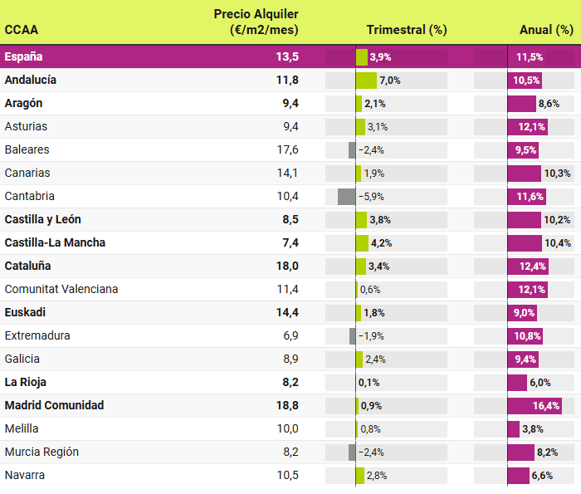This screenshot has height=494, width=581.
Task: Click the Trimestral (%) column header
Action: [407, 30]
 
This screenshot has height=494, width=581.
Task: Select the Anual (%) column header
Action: [546, 30]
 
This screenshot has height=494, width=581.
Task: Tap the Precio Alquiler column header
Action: [256, 22]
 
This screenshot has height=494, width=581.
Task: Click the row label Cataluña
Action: [27, 267]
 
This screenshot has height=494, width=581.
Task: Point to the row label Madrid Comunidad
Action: [54, 406]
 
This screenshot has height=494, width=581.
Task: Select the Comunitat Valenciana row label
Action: [61, 290]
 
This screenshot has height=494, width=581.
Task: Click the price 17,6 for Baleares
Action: [287, 150]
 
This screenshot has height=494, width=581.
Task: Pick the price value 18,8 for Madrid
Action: [287, 406]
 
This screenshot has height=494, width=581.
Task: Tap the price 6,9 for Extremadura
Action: [290, 336]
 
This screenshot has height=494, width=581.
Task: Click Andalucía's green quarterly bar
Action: [366, 81]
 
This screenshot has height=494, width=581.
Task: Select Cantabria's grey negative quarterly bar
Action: [346, 197]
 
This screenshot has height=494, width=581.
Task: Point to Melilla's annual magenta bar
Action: [513, 429]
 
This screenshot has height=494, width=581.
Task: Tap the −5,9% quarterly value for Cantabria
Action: [372, 197]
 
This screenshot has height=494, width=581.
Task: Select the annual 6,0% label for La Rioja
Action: [540, 383]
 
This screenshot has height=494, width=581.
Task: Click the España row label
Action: [23, 57]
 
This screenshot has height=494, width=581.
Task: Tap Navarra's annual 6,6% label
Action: [542, 476]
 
